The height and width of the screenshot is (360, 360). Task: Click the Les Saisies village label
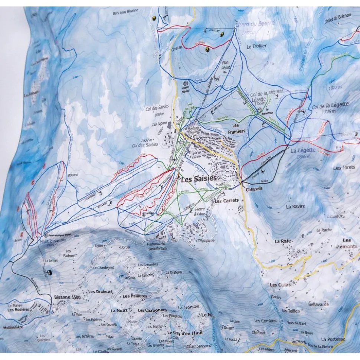tap(199, 179)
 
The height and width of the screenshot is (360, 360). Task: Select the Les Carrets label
tap(226, 201)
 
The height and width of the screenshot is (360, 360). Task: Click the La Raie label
tap(282, 241)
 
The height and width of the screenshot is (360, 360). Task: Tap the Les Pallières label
tap(135, 296)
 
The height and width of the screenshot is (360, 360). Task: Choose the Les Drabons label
tap(100, 291)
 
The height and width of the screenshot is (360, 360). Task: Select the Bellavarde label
tap(318, 304)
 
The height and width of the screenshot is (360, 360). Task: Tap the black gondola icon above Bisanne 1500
tap(49, 272)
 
